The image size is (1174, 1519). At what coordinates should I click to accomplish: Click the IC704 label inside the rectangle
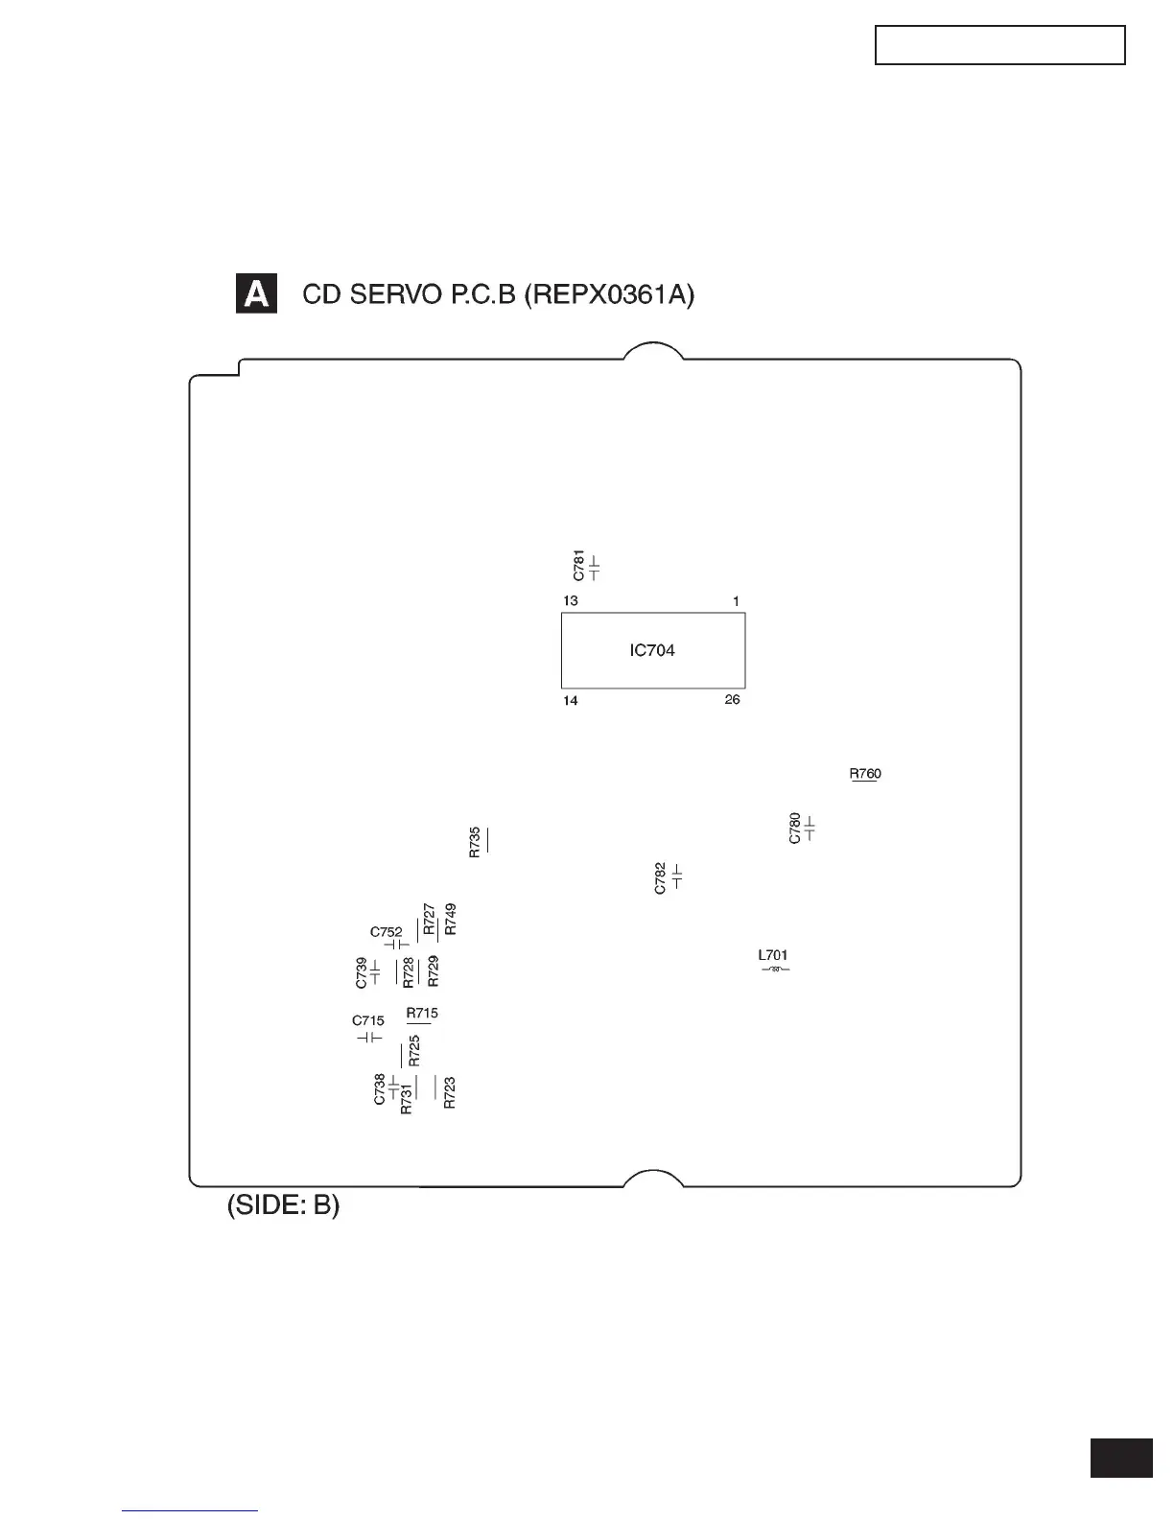point(652,650)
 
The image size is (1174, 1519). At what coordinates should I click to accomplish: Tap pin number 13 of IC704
point(571,601)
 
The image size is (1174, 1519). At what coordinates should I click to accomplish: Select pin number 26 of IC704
point(732,700)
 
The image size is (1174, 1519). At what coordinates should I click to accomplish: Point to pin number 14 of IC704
point(571,701)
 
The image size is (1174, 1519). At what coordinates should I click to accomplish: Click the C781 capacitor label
point(578,566)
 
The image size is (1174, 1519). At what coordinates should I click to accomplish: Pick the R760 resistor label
point(864,773)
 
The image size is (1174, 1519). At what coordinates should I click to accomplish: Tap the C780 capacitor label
point(794,829)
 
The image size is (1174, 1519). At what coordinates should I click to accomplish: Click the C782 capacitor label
point(660,878)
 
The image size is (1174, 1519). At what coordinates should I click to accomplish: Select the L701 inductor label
point(772,955)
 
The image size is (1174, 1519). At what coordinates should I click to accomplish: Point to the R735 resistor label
point(474,842)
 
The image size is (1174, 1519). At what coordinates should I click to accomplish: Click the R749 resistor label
point(451,920)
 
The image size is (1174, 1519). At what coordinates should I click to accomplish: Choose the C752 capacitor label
point(387,932)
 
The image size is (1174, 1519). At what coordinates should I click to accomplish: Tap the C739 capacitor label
point(362,972)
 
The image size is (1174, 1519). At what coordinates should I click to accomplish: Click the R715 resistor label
point(422,1013)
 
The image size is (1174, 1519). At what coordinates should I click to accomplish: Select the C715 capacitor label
point(368,1021)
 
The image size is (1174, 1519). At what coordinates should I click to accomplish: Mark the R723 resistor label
point(450,1093)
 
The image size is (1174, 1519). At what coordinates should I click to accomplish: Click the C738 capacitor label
point(380,1089)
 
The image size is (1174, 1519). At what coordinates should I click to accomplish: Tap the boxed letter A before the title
point(256,294)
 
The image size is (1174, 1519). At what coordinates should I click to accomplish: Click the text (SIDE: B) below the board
point(283,1205)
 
